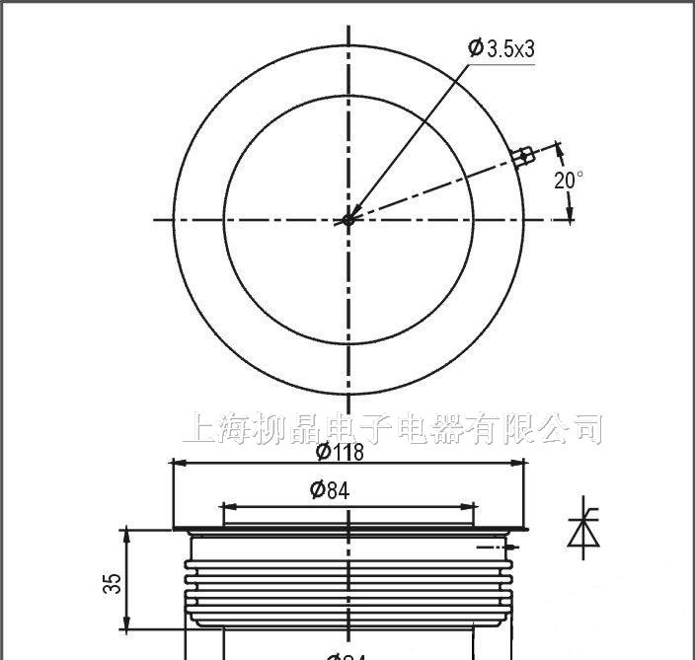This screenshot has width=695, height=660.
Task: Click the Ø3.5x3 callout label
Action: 503,48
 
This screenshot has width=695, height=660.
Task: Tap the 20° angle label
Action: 569,181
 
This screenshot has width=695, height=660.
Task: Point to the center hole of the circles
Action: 347,220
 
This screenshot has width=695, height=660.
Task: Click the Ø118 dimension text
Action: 340,452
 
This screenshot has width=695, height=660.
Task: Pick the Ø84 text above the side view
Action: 330,490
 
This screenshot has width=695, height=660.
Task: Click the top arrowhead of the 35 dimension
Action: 125,534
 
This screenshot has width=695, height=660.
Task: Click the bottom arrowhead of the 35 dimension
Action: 125,624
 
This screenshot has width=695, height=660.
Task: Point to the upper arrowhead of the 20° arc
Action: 561,150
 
